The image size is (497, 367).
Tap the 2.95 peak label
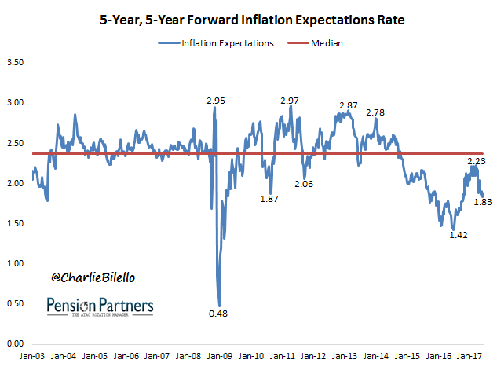click(x=216, y=101)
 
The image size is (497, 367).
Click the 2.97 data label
click(x=289, y=100)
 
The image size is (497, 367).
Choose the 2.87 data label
click(x=349, y=105)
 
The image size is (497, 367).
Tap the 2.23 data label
click(x=476, y=161)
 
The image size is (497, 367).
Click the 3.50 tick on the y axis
click(x=16, y=61)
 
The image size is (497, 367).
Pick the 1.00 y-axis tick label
click(x=16, y=263)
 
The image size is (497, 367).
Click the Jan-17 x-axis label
click(x=471, y=357)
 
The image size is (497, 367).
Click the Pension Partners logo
click(x=100, y=306)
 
